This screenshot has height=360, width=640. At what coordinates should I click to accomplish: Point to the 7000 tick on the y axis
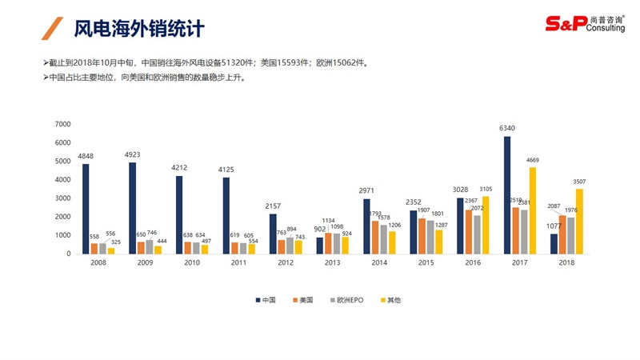point(63,124)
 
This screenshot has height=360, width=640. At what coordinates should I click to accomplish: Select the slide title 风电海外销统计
point(139,29)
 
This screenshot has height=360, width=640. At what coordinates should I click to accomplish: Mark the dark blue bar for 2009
point(133,208)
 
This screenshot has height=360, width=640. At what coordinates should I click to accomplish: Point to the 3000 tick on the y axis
point(63,198)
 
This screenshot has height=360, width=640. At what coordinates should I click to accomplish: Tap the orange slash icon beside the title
point(53,29)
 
